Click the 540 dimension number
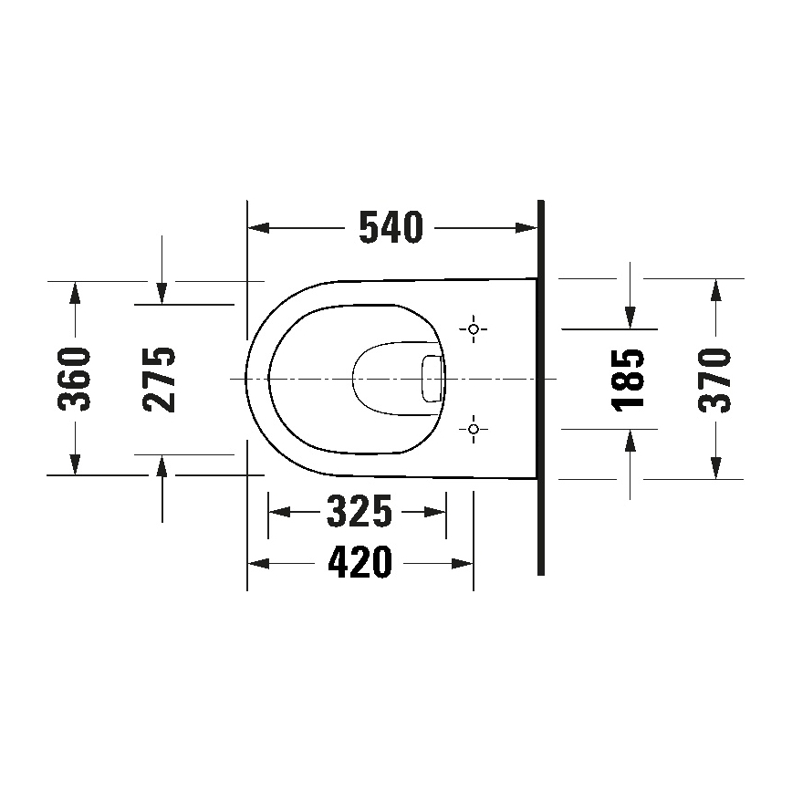pyautogui.click(x=391, y=228)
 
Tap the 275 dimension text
pyautogui.click(x=162, y=379)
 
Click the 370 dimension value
pyautogui.click(x=715, y=379)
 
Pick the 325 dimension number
pyautogui.click(x=359, y=512)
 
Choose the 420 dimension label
pyautogui.click(x=360, y=564)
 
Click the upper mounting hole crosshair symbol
pyautogui.click(x=473, y=328)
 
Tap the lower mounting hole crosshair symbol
pyautogui.click(x=473, y=427)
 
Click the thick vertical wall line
pyautogui.click(x=540, y=388)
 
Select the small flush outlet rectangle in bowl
pyautogui.click(x=431, y=378)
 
